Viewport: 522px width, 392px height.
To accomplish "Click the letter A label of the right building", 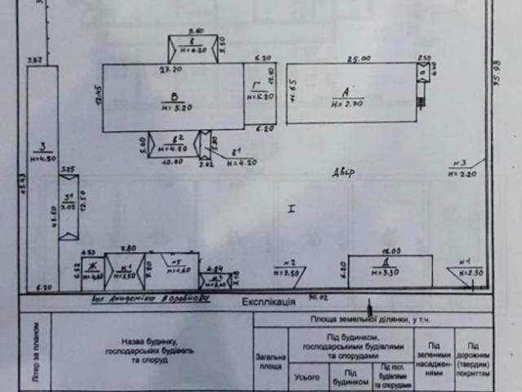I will click(345, 92).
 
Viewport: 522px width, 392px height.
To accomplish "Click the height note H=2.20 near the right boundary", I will click(461, 173).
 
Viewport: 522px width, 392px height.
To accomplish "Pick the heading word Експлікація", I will click(268, 301).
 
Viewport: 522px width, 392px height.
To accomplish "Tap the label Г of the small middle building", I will click(256, 86).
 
